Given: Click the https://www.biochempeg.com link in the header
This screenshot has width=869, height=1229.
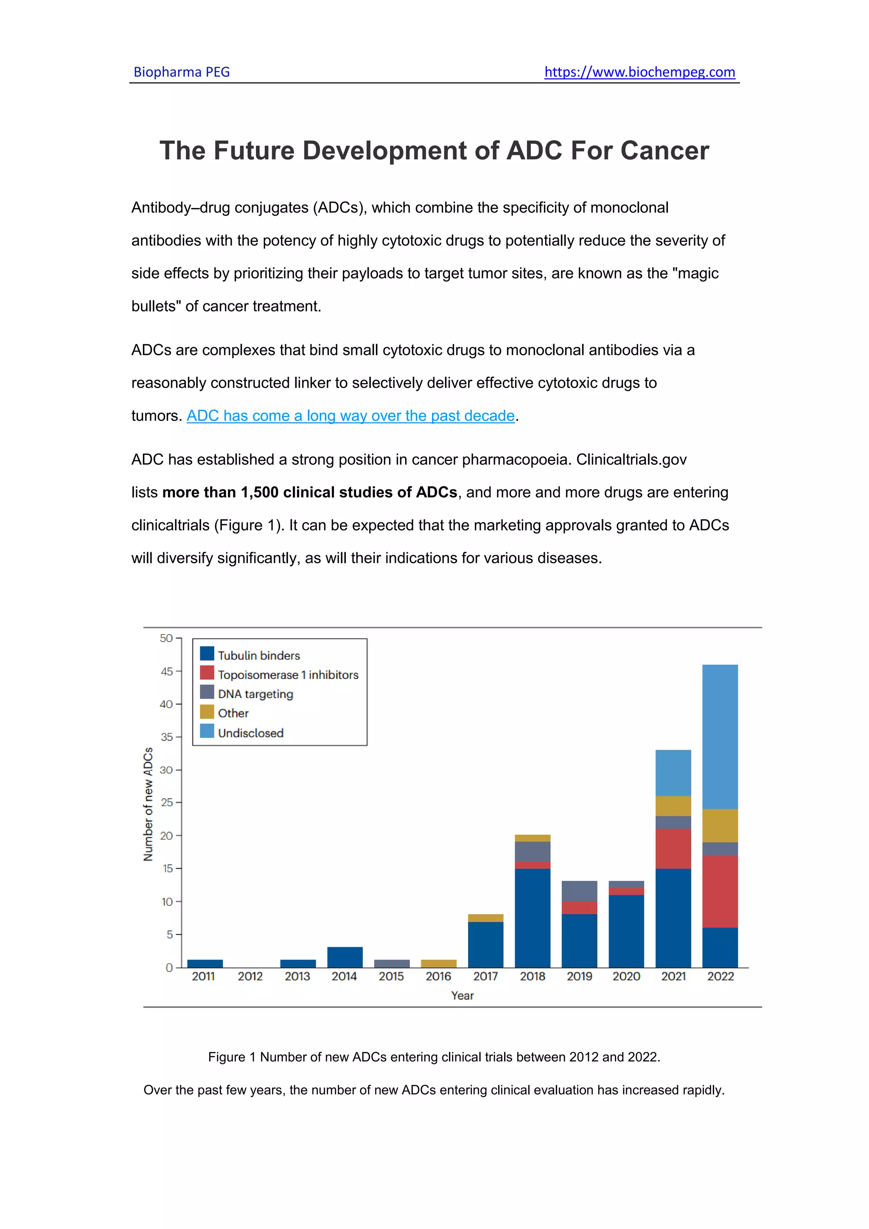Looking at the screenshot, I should pyautogui.click(x=639, y=72).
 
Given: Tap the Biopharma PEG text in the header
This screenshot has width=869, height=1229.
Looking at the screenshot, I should pyautogui.click(x=182, y=72).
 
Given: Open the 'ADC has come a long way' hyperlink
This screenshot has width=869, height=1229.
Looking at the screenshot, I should pyautogui.click(x=350, y=416).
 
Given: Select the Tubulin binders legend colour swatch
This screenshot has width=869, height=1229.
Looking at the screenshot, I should pyautogui.click(x=207, y=654).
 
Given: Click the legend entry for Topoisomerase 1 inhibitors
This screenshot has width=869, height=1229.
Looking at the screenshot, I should pyautogui.click(x=288, y=674).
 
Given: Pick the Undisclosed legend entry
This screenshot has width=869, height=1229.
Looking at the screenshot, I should pyautogui.click(x=250, y=733).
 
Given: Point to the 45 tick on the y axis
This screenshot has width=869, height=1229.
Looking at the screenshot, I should pyautogui.click(x=166, y=671).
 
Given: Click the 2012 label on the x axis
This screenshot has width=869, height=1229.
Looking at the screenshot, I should pyautogui.click(x=250, y=976).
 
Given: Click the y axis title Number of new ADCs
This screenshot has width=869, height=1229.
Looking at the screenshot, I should pyautogui.click(x=148, y=804).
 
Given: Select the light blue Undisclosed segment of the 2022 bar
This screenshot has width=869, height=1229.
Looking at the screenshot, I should pyautogui.click(x=720, y=736).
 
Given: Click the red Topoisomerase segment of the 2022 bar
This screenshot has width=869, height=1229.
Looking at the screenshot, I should pyautogui.click(x=720, y=891).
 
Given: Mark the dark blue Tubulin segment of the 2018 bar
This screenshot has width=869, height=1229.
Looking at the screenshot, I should pyautogui.click(x=533, y=918).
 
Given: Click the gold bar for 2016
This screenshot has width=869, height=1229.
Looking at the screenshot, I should pyautogui.click(x=438, y=963).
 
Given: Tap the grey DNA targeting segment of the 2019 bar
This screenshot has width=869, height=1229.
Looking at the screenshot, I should pyautogui.click(x=579, y=891).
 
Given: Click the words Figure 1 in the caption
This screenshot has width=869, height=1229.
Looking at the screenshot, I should pyautogui.click(x=231, y=1057).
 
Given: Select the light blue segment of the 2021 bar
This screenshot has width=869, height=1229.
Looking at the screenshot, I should pyautogui.click(x=673, y=772).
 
